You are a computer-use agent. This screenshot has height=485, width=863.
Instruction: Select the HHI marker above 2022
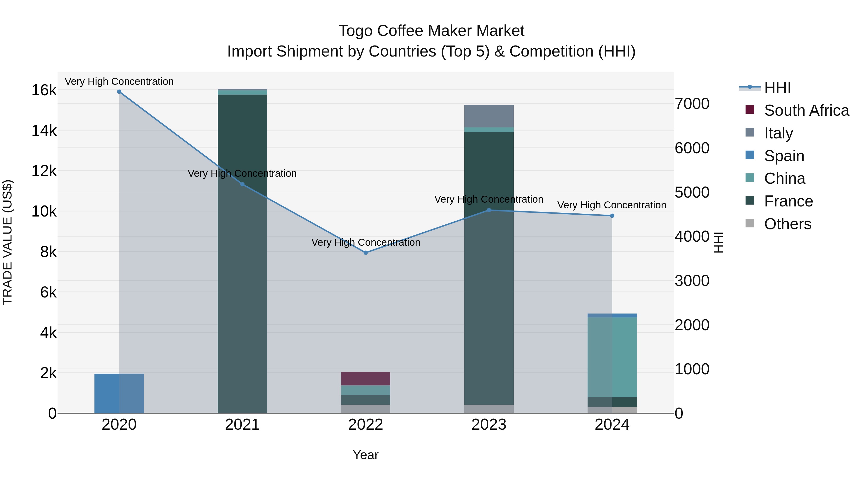point(366,253)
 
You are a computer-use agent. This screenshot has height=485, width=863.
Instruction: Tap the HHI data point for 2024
point(612,216)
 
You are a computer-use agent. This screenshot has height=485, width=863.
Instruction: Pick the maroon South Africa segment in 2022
point(366,379)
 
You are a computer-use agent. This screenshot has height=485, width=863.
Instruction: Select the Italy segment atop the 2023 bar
point(489,116)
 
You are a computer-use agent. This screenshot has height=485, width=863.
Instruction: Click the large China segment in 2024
point(612,357)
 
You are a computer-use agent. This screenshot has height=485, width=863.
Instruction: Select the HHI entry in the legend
point(777,88)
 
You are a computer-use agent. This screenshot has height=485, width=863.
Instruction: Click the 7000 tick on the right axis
point(692,104)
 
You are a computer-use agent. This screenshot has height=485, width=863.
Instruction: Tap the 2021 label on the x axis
point(242,425)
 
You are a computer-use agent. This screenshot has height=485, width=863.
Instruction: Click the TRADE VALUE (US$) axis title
point(7,243)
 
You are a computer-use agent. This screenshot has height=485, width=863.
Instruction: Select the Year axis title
point(366,455)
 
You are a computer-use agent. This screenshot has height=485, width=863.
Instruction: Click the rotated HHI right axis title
point(718,243)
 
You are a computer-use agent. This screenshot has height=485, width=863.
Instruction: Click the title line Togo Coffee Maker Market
point(431,31)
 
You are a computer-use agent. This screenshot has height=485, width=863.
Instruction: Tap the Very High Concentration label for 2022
point(366,242)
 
